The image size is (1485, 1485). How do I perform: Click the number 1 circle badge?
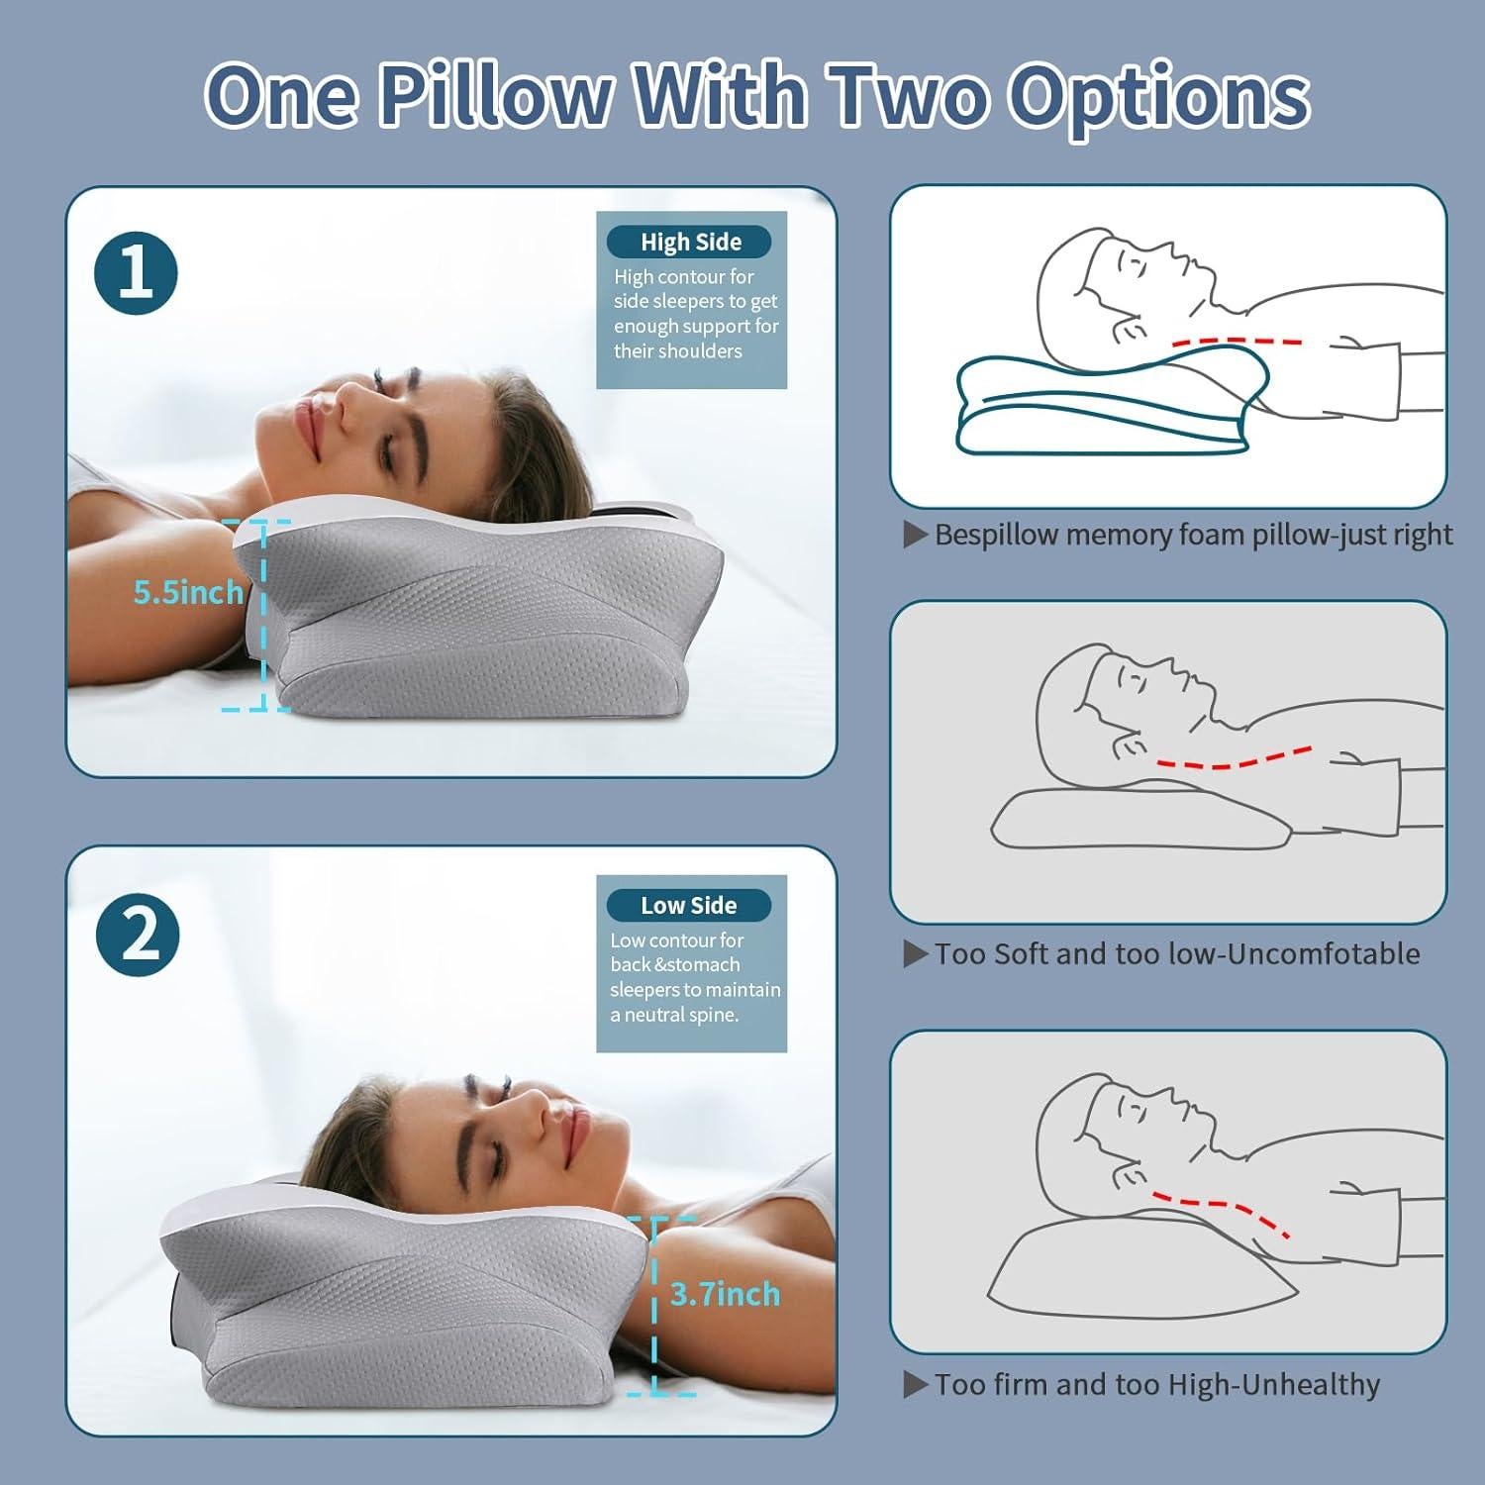point(136,273)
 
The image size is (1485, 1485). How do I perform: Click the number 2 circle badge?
point(138,935)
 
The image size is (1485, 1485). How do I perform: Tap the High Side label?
point(690,242)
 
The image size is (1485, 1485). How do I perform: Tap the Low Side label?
point(688,905)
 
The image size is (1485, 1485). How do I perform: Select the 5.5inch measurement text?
point(188,592)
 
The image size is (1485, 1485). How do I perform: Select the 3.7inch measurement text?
point(725,1294)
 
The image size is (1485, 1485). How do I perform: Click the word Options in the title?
point(1158,96)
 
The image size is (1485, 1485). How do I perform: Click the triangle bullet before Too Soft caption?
point(915,954)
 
